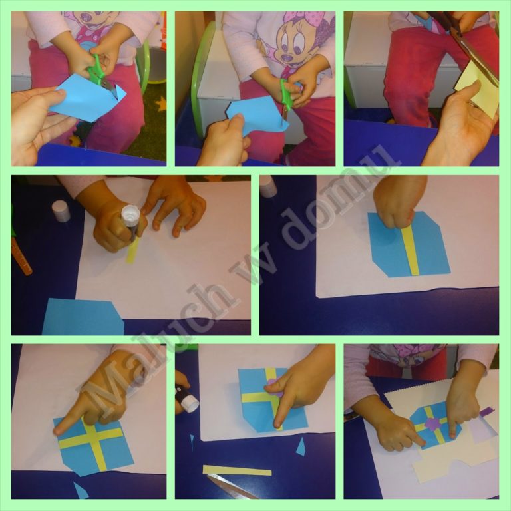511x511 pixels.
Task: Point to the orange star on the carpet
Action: pyautogui.click(x=161, y=104)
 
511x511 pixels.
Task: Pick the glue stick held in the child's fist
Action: pyautogui.click(x=131, y=221)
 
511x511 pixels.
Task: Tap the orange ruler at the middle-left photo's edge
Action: pyautogui.click(x=21, y=255)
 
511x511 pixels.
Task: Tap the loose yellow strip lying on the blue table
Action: pyautogui.click(x=237, y=470)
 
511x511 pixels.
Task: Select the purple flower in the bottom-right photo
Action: pyautogui.click(x=432, y=425)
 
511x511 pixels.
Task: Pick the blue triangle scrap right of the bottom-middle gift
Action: pyautogui.click(x=301, y=447)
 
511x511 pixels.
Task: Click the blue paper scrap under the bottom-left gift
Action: pyautogui.click(x=81, y=491)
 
